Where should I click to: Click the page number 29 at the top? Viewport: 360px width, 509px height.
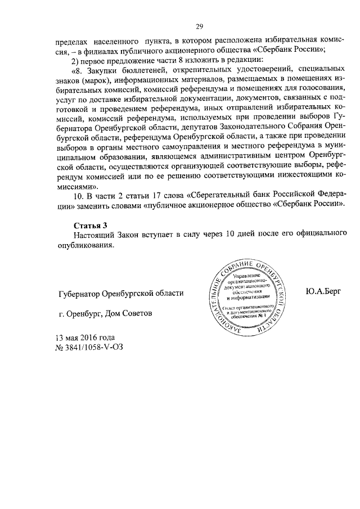pos(199,26)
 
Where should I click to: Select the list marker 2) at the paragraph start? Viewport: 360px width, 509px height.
pos(77,60)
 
